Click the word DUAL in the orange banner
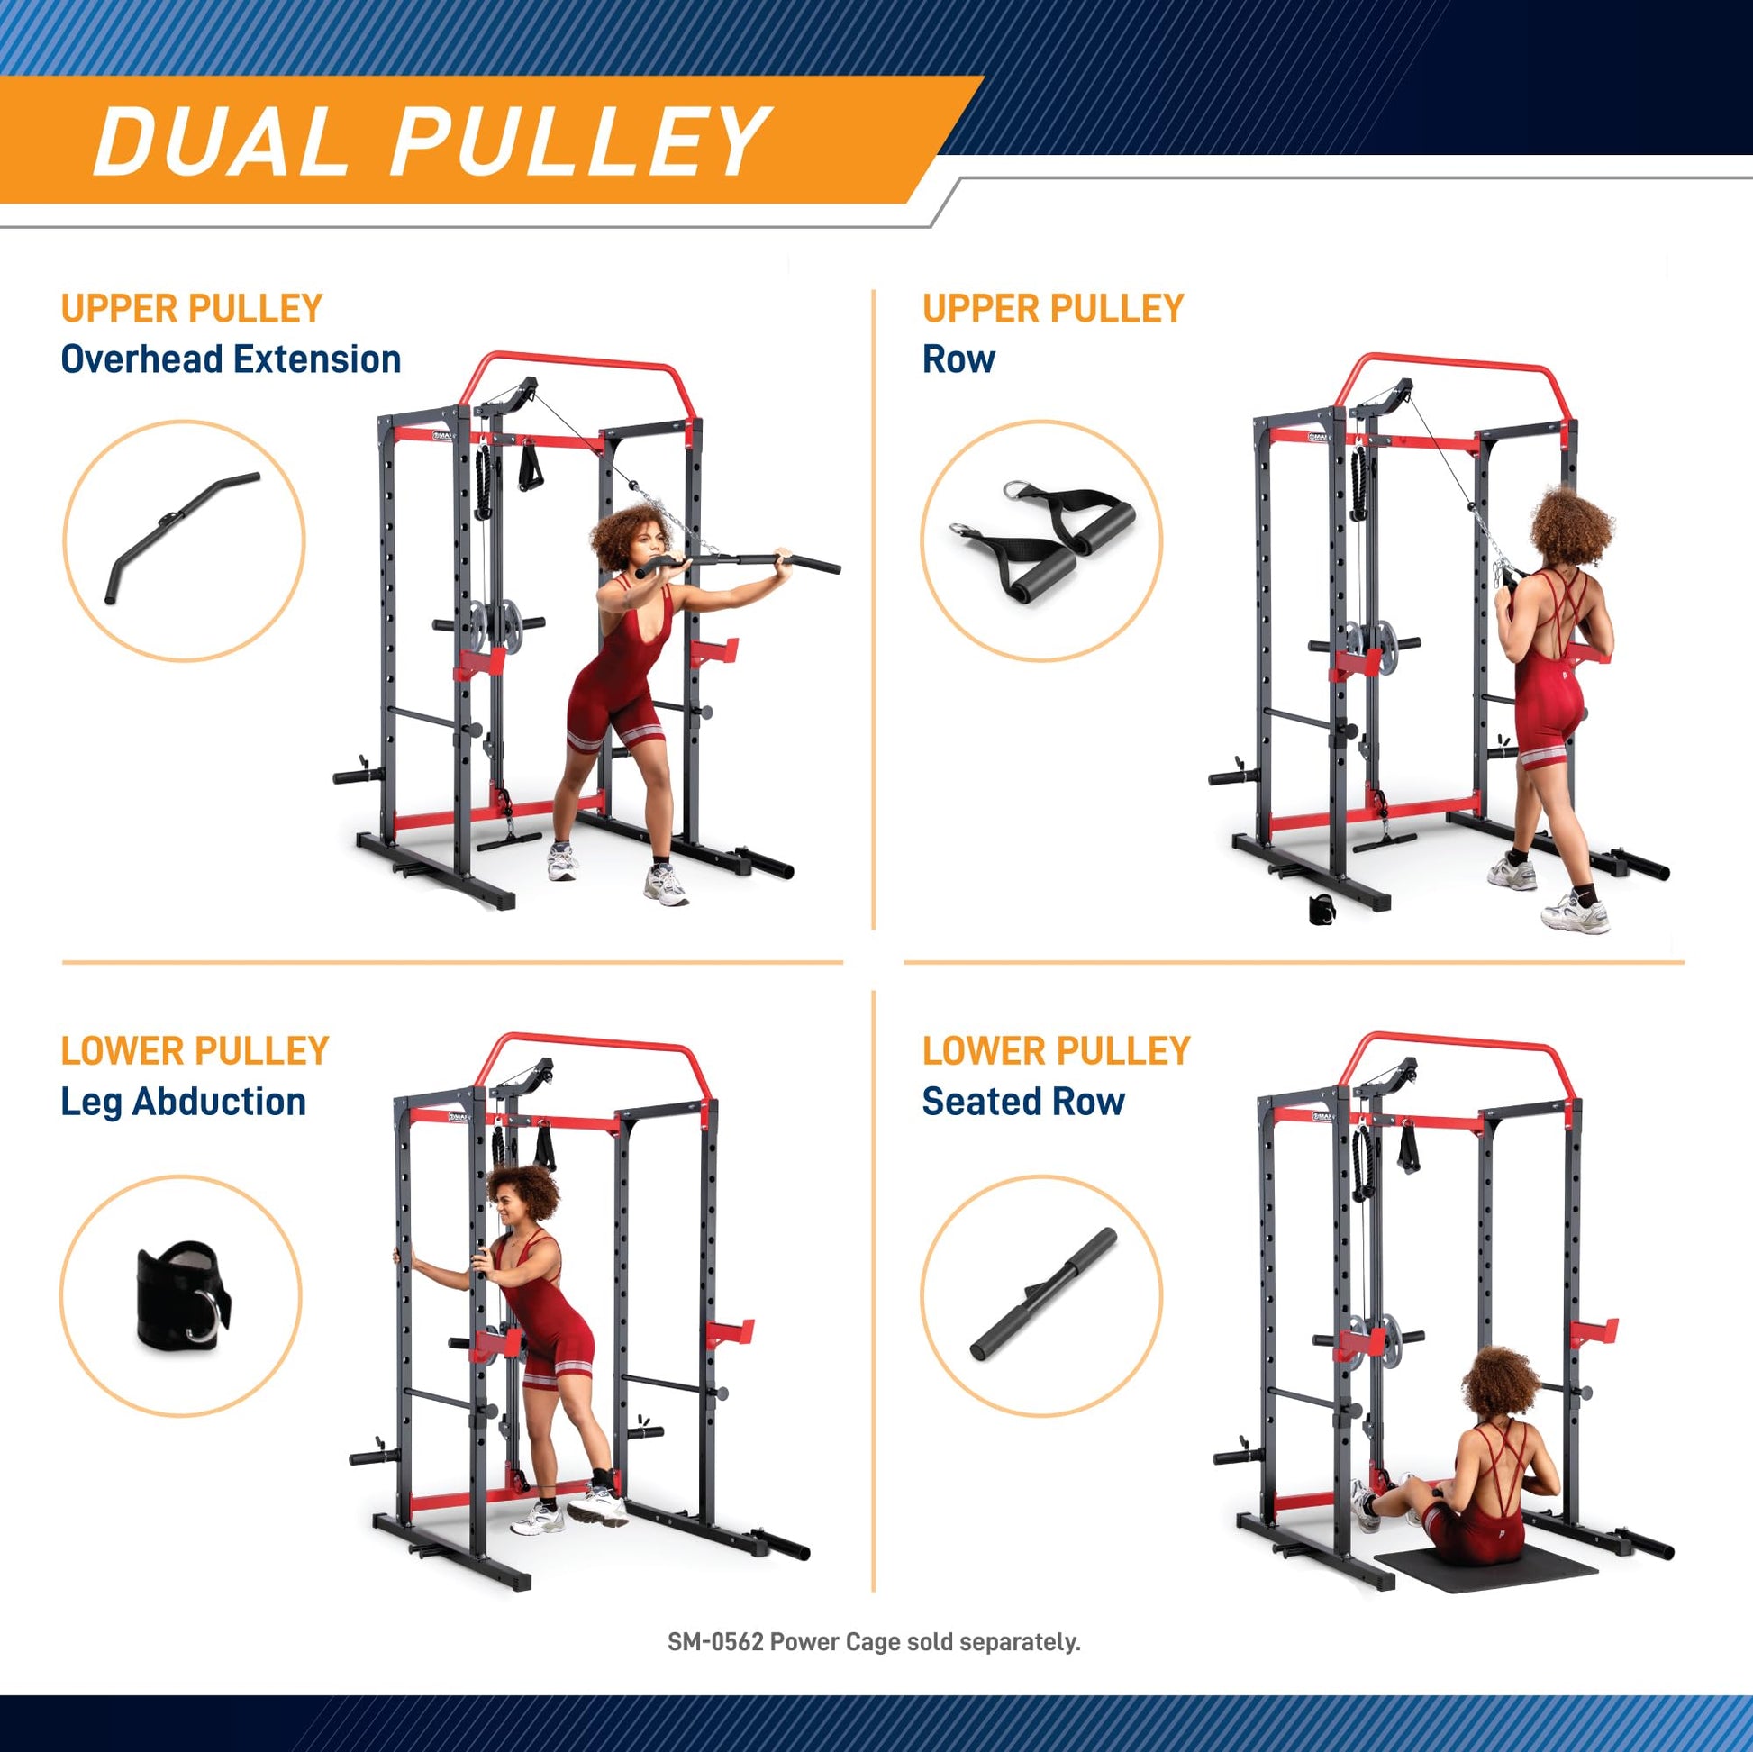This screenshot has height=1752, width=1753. point(222,140)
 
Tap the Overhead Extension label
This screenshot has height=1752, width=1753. point(232,359)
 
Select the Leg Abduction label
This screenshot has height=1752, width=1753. point(183,1102)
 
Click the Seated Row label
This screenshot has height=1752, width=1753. point(1023,1102)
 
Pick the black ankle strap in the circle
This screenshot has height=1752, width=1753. point(183,1294)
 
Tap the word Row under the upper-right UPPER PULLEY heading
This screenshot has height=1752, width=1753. point(958,359)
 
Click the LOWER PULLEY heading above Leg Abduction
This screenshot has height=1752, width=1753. point(195,1049)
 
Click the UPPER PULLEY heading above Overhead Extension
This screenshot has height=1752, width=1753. point(192,308)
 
